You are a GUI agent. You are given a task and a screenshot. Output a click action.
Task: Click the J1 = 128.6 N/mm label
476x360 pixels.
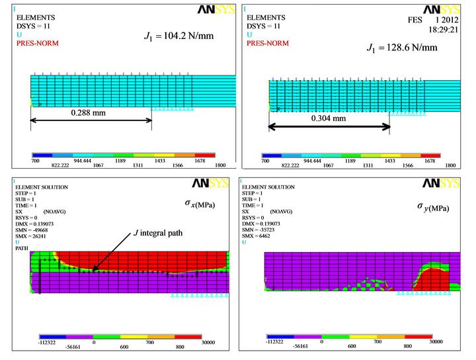point(403,48)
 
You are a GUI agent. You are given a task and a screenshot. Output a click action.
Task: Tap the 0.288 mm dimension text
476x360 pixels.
point(90,112)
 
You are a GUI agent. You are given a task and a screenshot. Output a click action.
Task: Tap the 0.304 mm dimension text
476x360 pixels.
point(329,118)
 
